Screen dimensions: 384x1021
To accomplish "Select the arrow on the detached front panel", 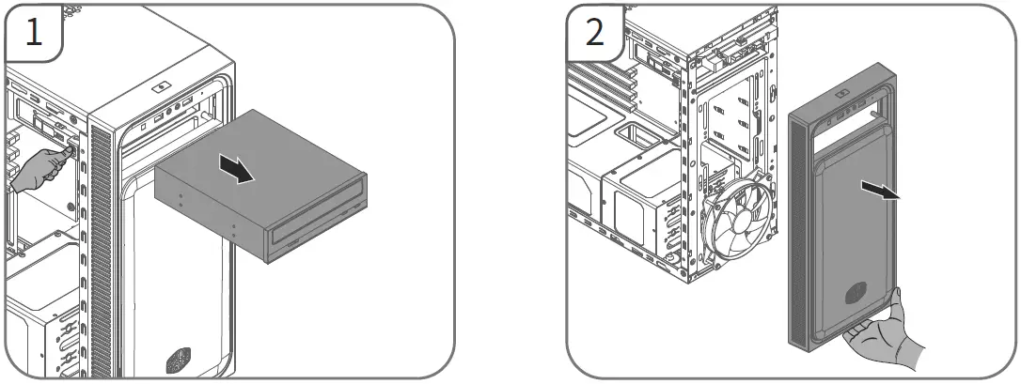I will click(880, 192).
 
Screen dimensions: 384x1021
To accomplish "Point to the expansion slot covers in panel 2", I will click(602, 84).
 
